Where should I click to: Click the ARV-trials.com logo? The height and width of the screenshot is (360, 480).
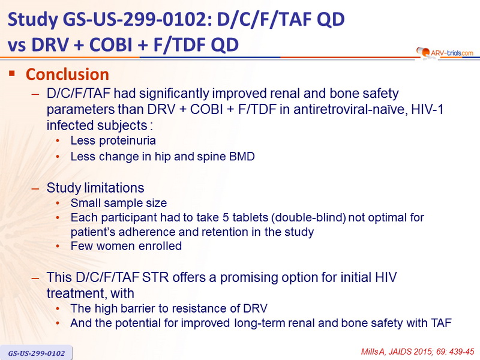pyautogui.click(x=445, y=53)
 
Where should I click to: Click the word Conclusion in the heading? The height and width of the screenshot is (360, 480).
pyautogui.click(x=67, y=74)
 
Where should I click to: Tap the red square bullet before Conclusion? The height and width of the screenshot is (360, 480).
pyautogui.click(x=12, y=73)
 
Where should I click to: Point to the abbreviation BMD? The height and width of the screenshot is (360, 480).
pyautogui.click(x=242, y=157)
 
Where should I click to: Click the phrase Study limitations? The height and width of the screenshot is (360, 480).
pyautogui.click(x=95, y=188)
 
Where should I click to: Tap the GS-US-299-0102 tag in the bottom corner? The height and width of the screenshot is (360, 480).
pyautogui.click(x=37, y=353)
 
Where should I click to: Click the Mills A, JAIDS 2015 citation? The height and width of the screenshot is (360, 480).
pyautogui.click(x=418, y=352)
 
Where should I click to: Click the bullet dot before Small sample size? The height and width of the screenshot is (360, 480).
pyautogui.click(x=58, y=203)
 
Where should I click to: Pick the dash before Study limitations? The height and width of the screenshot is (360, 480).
pyautogui.click(x=35, y=188)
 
